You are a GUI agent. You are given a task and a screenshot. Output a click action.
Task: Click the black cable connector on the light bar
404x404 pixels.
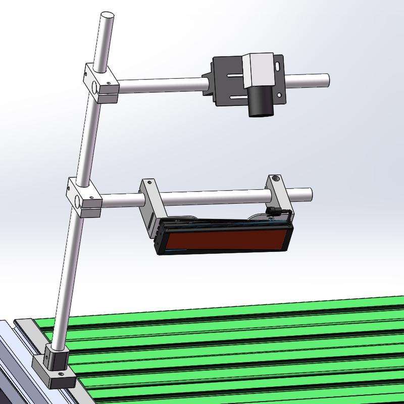(272, 210)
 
